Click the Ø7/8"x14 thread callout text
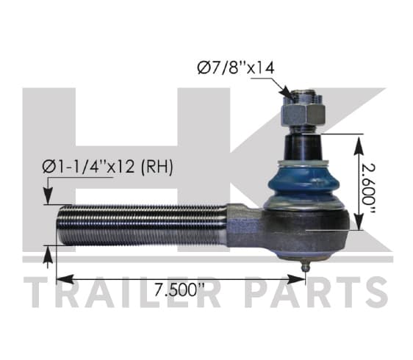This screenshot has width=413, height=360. [236, 68]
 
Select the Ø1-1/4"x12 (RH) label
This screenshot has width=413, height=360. [108, 167]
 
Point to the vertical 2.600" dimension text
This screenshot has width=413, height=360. [368, 189]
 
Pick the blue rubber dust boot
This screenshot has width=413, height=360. [301, 184]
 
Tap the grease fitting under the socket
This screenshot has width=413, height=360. [305, 265]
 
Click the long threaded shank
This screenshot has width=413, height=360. [142, 225]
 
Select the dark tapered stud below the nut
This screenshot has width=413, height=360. [303, 146]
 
